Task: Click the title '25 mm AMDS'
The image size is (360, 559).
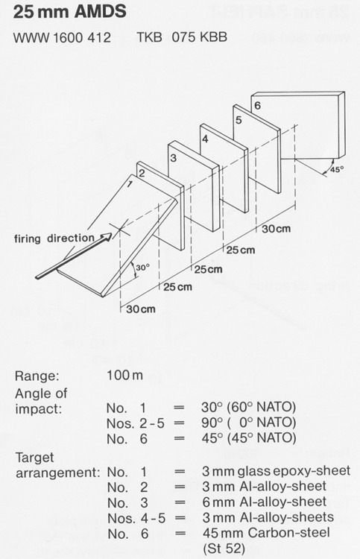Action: (69, 11)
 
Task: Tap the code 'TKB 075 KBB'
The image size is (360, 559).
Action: (182, 37)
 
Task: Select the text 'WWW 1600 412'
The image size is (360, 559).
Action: (62, 37)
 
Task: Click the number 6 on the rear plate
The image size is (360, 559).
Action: (257, 105)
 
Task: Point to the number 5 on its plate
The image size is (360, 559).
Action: (239, 120)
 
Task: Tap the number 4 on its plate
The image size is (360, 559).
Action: (205, 139)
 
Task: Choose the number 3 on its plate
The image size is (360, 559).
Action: (173, 157)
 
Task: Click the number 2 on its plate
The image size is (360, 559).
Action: (142, 173)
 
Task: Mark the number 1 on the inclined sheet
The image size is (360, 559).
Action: (130, 184)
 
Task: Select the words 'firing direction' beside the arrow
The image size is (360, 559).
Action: (54, 238)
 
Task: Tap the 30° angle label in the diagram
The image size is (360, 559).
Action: (142, 267)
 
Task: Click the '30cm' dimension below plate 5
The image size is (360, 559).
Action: (276, 229)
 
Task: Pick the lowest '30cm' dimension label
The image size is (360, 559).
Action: (141, 309)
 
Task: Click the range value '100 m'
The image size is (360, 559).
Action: (124, 375)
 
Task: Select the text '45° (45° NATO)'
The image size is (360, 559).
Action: (249, 438)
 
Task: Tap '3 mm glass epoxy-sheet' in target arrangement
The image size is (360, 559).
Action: (277, 471)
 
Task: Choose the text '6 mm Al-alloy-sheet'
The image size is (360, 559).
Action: (265, 502)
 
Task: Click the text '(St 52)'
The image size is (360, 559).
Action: (224, 548)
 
